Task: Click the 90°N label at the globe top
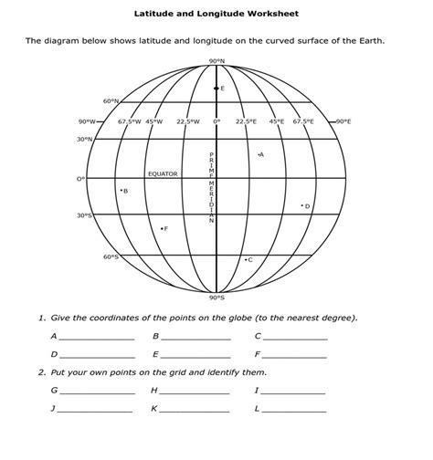tap(216, 61)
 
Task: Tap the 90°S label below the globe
tap(216, 297)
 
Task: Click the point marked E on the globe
tap(216, 89)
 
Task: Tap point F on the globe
tap(162, 228)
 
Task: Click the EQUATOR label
tap(163, 173)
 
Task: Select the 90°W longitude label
tap(88, 121)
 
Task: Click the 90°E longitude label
tap(343, 121)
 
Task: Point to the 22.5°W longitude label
tap(188, 121)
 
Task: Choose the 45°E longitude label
tap(275, 121)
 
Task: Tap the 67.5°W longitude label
tap(128, 121)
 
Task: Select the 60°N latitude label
tap(110, 101)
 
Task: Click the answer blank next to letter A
tap(96, 338)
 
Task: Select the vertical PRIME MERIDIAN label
tap(212, 187)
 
